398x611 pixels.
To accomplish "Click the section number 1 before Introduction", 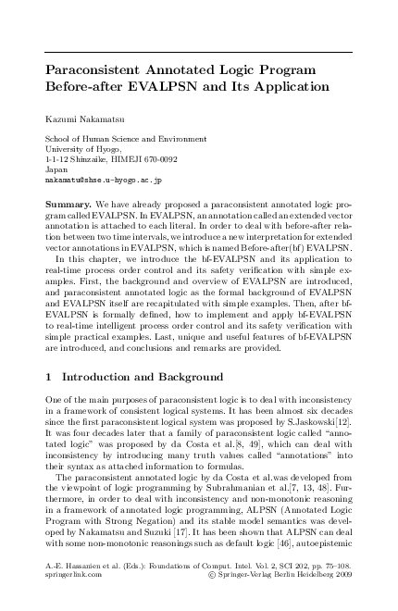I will click(49, 377).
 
